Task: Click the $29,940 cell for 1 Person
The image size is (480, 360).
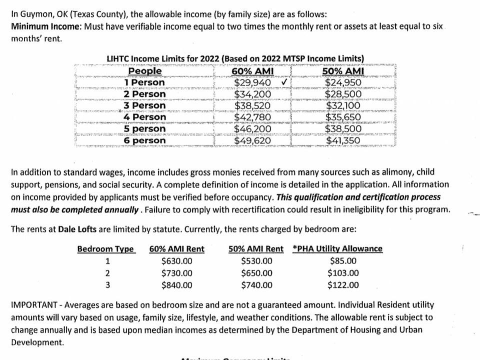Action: tap(252, 82)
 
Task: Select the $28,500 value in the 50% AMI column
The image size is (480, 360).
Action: tap(342, 94)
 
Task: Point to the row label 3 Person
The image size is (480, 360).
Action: tap(145, 105)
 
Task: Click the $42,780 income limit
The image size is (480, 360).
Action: tap(252, 117)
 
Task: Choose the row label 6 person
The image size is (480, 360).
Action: tap(145, 140)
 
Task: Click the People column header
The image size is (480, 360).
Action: tap(145, 71)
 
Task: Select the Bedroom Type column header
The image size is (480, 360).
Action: tap(105, 249)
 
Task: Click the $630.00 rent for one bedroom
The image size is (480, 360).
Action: tap(176, 260)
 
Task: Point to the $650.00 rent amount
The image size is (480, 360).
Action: tap(256, 273)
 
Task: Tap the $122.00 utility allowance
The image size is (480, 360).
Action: tap(343, 285)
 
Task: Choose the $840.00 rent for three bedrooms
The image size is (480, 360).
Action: tap(176, 285)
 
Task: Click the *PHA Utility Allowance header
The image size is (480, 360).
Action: tap(337, 249)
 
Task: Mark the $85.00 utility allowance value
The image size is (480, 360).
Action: tap(343, 260)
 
